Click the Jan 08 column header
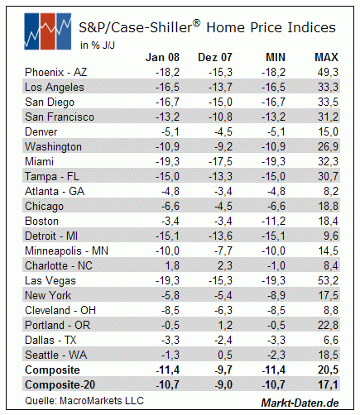click(162, 57)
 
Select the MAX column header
click(326, 57)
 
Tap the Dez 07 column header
click(215, 57)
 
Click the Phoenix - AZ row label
click(55, 72)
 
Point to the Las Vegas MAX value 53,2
click(328, 281)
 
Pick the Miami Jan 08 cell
click(167, 162)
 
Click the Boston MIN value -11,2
click(273, 222)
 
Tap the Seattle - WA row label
click(55, 355)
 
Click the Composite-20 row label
click(60, 384)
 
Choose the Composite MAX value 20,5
click(328, 370)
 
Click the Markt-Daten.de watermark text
click(300, 403)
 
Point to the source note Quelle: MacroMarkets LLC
click(84, 401)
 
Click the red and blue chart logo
click(48, 31)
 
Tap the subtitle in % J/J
click(98, 45)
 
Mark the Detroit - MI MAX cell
click(331, 236)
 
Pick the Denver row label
click(41, 132)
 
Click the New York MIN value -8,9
click(276, 296)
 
